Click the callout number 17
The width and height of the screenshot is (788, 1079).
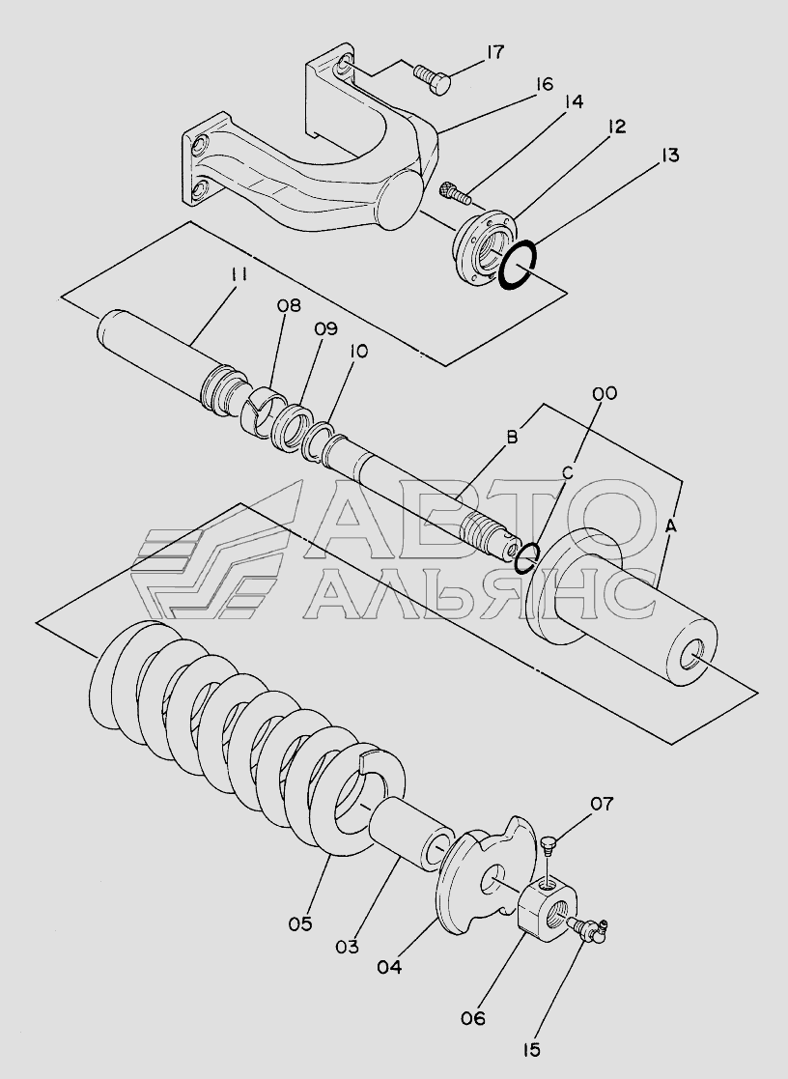point(495,52)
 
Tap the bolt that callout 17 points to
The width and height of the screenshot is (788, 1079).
point(433,79)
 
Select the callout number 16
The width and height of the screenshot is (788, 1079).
point(543,85)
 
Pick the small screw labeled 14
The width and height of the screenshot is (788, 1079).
point(455,192)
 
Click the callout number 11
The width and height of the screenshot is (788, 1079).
point(239,274)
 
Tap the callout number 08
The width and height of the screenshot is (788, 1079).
point(289,306)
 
